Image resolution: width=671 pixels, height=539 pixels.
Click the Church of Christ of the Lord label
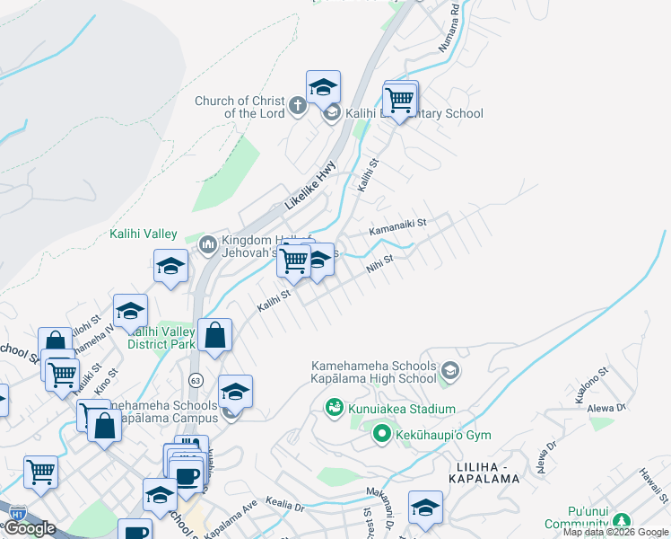[240, 107]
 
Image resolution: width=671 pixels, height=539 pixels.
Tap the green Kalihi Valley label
[144, 234]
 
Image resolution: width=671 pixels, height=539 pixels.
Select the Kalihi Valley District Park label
[161, 338]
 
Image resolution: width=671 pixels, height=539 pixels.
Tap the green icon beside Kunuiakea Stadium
[335, 409]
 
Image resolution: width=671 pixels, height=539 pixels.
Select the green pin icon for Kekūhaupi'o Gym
[381, 436]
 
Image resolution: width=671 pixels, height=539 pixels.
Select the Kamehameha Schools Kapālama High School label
[374, 372]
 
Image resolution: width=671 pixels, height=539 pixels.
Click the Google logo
[30, 528]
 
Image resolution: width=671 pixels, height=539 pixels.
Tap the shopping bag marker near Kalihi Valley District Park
[215, 336]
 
